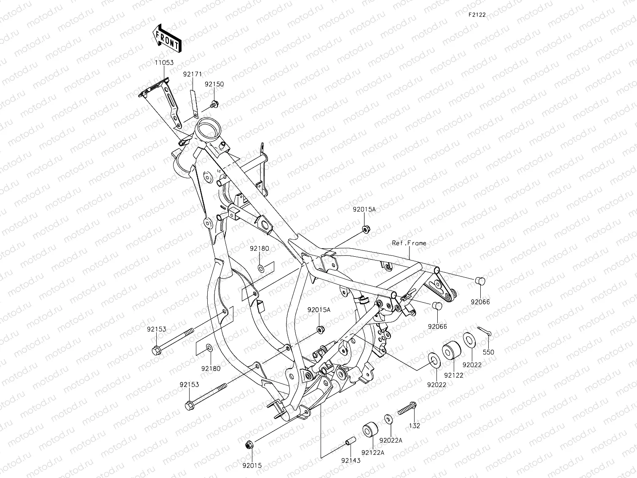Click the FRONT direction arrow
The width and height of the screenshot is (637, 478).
pyautogui.click(x=167, y=38)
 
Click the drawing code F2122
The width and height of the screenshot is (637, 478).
pyautogui.click(x=477, y=15)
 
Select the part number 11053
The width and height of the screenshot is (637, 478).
pyautogui.click(x=164, y=63)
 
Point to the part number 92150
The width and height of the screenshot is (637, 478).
pyautogui.click(x=214, y=84)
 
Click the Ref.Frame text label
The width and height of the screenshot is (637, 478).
pyautogui.click(x=409, y=243)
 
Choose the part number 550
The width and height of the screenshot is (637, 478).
pyautogui.click(x=488, y=352)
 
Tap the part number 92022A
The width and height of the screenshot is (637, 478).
pyautogui.click(x=391, y=440)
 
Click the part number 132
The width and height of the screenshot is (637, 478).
pyautogui.click(x=415, y=426)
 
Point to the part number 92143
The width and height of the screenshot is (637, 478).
pyautogui.click(x=351, y=460)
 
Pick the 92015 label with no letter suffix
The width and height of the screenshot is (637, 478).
pyautogui.click(x=252, y=466)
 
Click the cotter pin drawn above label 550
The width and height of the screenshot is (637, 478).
pyautogui.click(x=484, y=331)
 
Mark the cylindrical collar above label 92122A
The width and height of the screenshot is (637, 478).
pyautogui.click(x=370, y=429)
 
